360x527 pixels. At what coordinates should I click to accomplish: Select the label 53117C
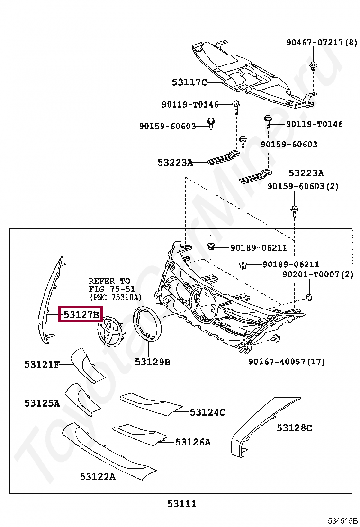(189, 82)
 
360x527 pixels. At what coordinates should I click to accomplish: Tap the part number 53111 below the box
(181, 504)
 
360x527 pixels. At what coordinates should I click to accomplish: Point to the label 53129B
(153, 362)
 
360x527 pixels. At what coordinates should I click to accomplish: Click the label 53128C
(295, 428)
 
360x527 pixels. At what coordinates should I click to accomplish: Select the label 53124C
(207, 412)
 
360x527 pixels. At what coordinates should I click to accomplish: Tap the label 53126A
(193, 442)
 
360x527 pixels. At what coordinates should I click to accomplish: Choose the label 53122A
(98, 476)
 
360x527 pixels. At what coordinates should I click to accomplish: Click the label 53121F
(42, 364)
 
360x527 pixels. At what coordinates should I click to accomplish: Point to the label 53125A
(42, 403)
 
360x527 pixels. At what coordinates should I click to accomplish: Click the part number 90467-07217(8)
(322, 42)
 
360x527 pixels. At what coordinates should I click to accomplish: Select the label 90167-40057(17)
(287, 362)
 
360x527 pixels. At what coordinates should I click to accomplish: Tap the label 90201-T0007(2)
(318, 274)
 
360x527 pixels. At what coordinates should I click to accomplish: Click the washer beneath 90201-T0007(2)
(309, 297)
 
